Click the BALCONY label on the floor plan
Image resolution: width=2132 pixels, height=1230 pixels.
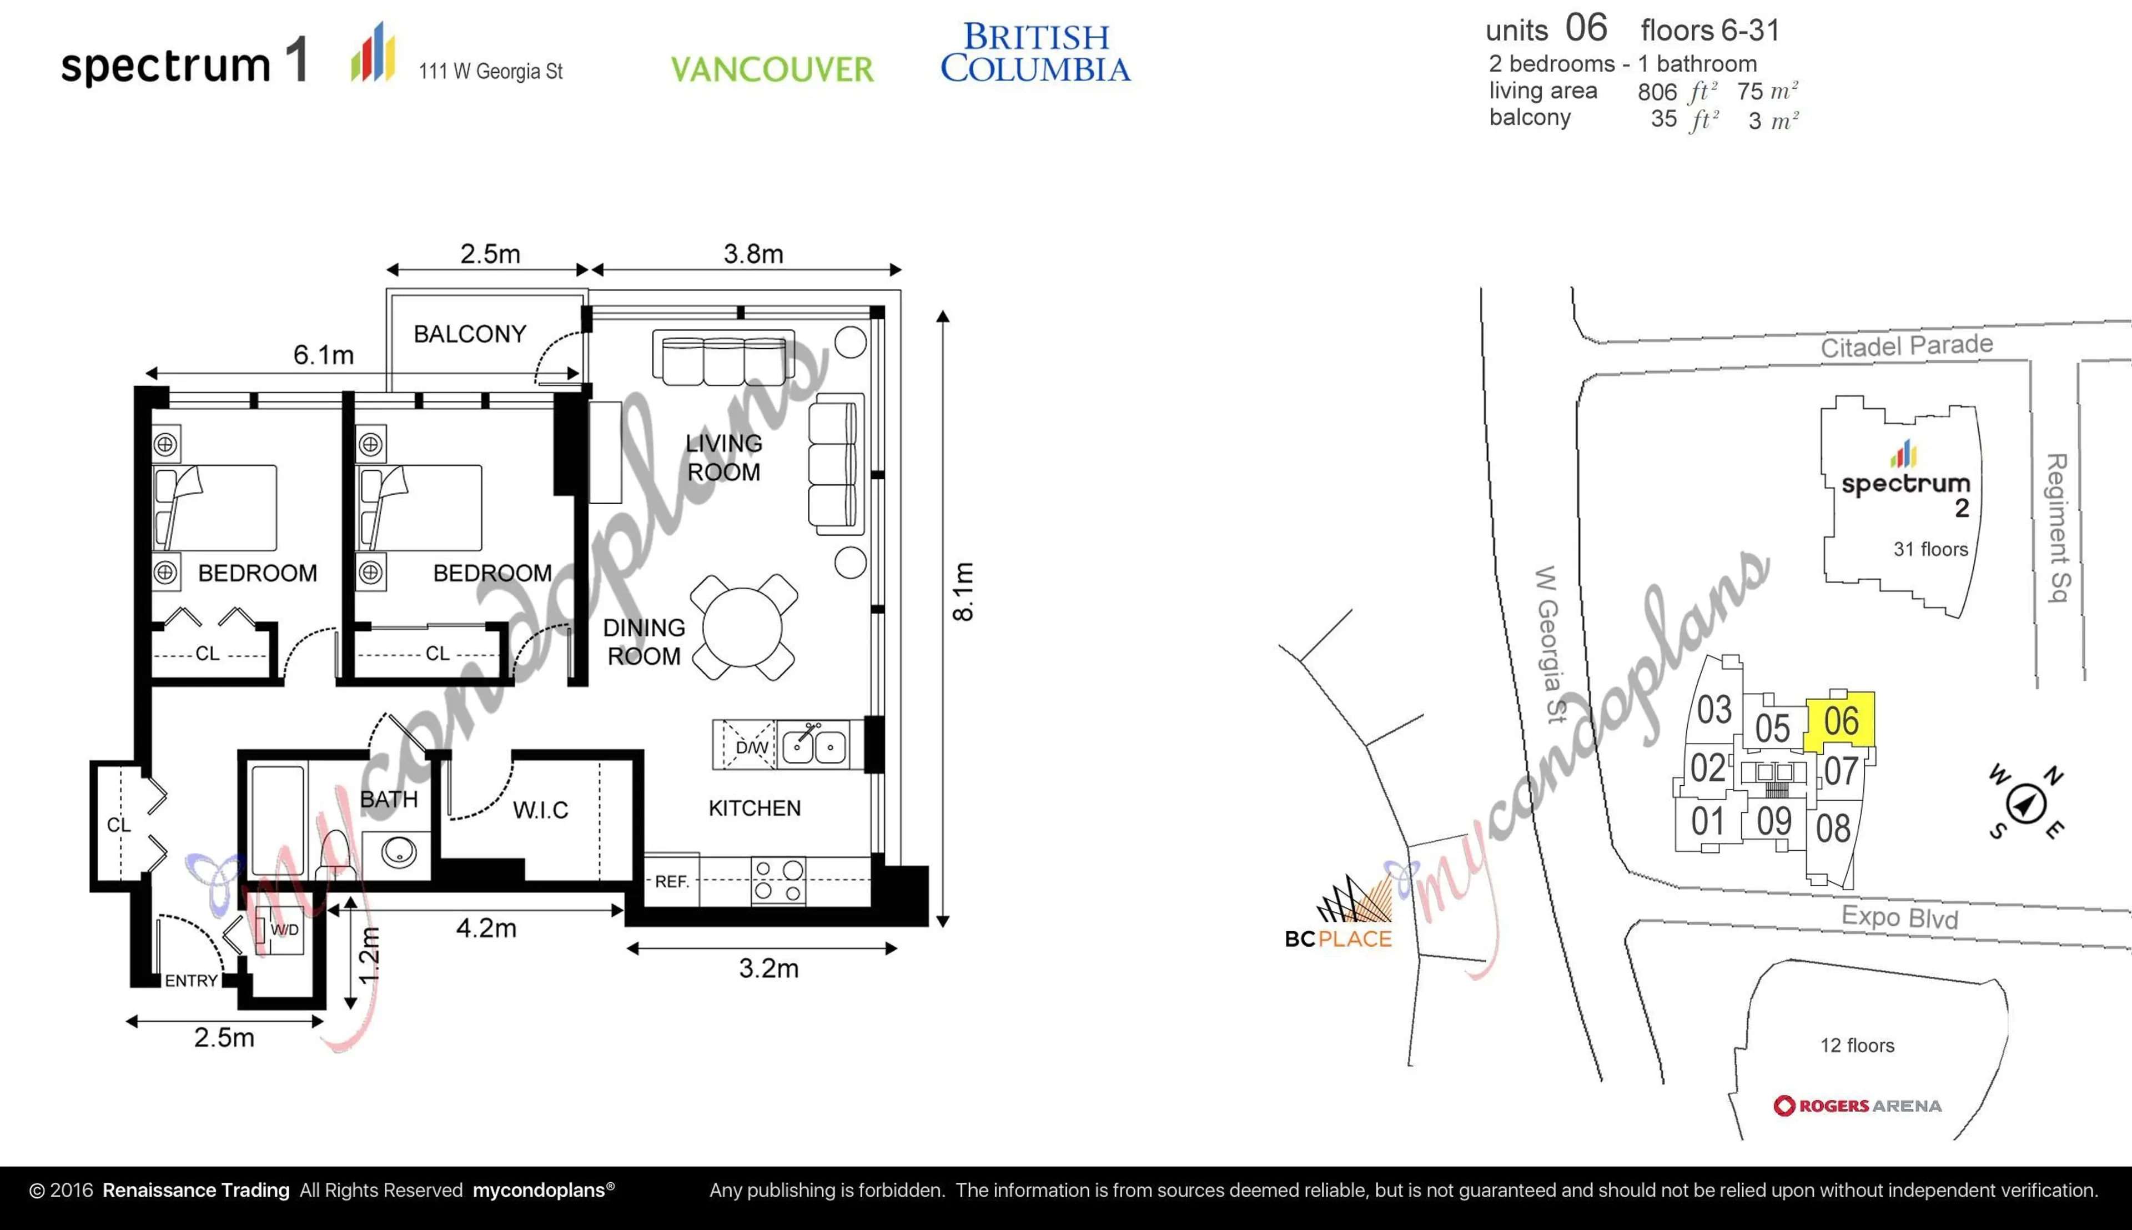click(x=470, y=334)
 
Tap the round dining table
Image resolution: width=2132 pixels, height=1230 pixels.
click(x=742, y=627)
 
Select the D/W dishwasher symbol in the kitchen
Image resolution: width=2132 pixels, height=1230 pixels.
click(x=745, y=746)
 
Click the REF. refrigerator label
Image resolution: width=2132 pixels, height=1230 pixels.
click(x=672, y=881)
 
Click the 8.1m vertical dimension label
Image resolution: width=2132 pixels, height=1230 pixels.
click(x=963, y=591)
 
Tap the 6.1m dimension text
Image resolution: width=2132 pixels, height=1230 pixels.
click(x=323, y=355)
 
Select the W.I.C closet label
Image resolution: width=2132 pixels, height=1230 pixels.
click(x=540, y=810)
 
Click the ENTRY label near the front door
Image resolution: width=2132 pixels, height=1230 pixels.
click(x=191, y=981)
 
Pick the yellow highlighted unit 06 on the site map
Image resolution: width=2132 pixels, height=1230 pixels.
click(x=1841, y=721)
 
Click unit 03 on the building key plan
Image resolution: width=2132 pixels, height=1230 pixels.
click(x=1714, y=710)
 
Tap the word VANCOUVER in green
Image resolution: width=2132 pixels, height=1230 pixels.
click(x=772, y=69)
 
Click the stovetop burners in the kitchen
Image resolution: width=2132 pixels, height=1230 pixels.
click(x=778, y=880)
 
